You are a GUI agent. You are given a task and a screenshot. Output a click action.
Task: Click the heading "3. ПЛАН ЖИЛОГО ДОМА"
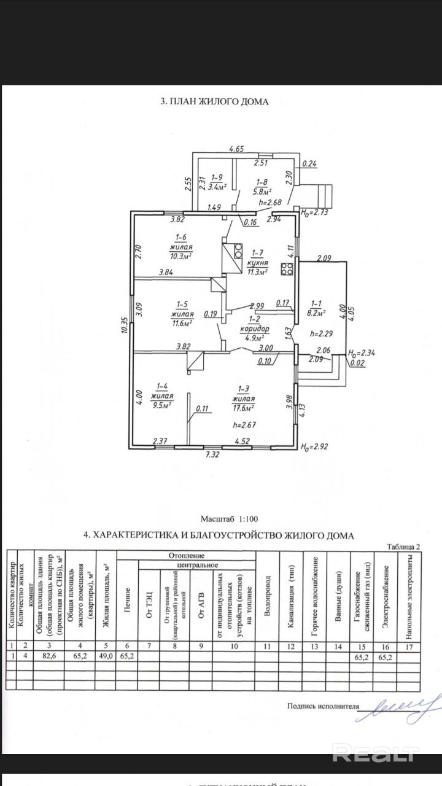[x=214, y=102]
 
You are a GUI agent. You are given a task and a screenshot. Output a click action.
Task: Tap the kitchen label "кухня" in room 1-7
[x=257, y=262]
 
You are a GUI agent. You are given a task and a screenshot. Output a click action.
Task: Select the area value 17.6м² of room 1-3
[x=243, y=407]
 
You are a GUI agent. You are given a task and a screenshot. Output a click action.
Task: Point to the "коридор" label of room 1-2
[x=254, y=329]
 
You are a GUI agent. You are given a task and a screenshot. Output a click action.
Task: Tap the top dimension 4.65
[x=237, y=149]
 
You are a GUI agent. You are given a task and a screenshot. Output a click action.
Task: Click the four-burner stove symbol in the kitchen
[x=285, y=268]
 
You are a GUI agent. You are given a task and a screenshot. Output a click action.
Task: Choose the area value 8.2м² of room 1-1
[x=317, y=312]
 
